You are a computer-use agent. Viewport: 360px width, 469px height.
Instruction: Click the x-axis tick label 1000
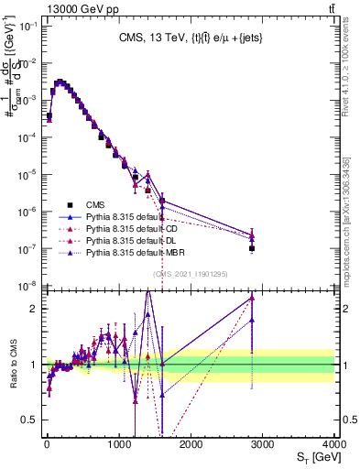119,444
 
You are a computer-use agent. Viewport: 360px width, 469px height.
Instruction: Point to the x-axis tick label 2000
191,444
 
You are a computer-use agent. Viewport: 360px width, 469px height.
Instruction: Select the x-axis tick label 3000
264,444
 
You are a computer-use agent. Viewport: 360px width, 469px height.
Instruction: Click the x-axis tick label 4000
333,444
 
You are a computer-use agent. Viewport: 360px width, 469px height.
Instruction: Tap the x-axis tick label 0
47,444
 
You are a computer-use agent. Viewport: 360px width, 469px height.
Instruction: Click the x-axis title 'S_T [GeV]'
313,458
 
